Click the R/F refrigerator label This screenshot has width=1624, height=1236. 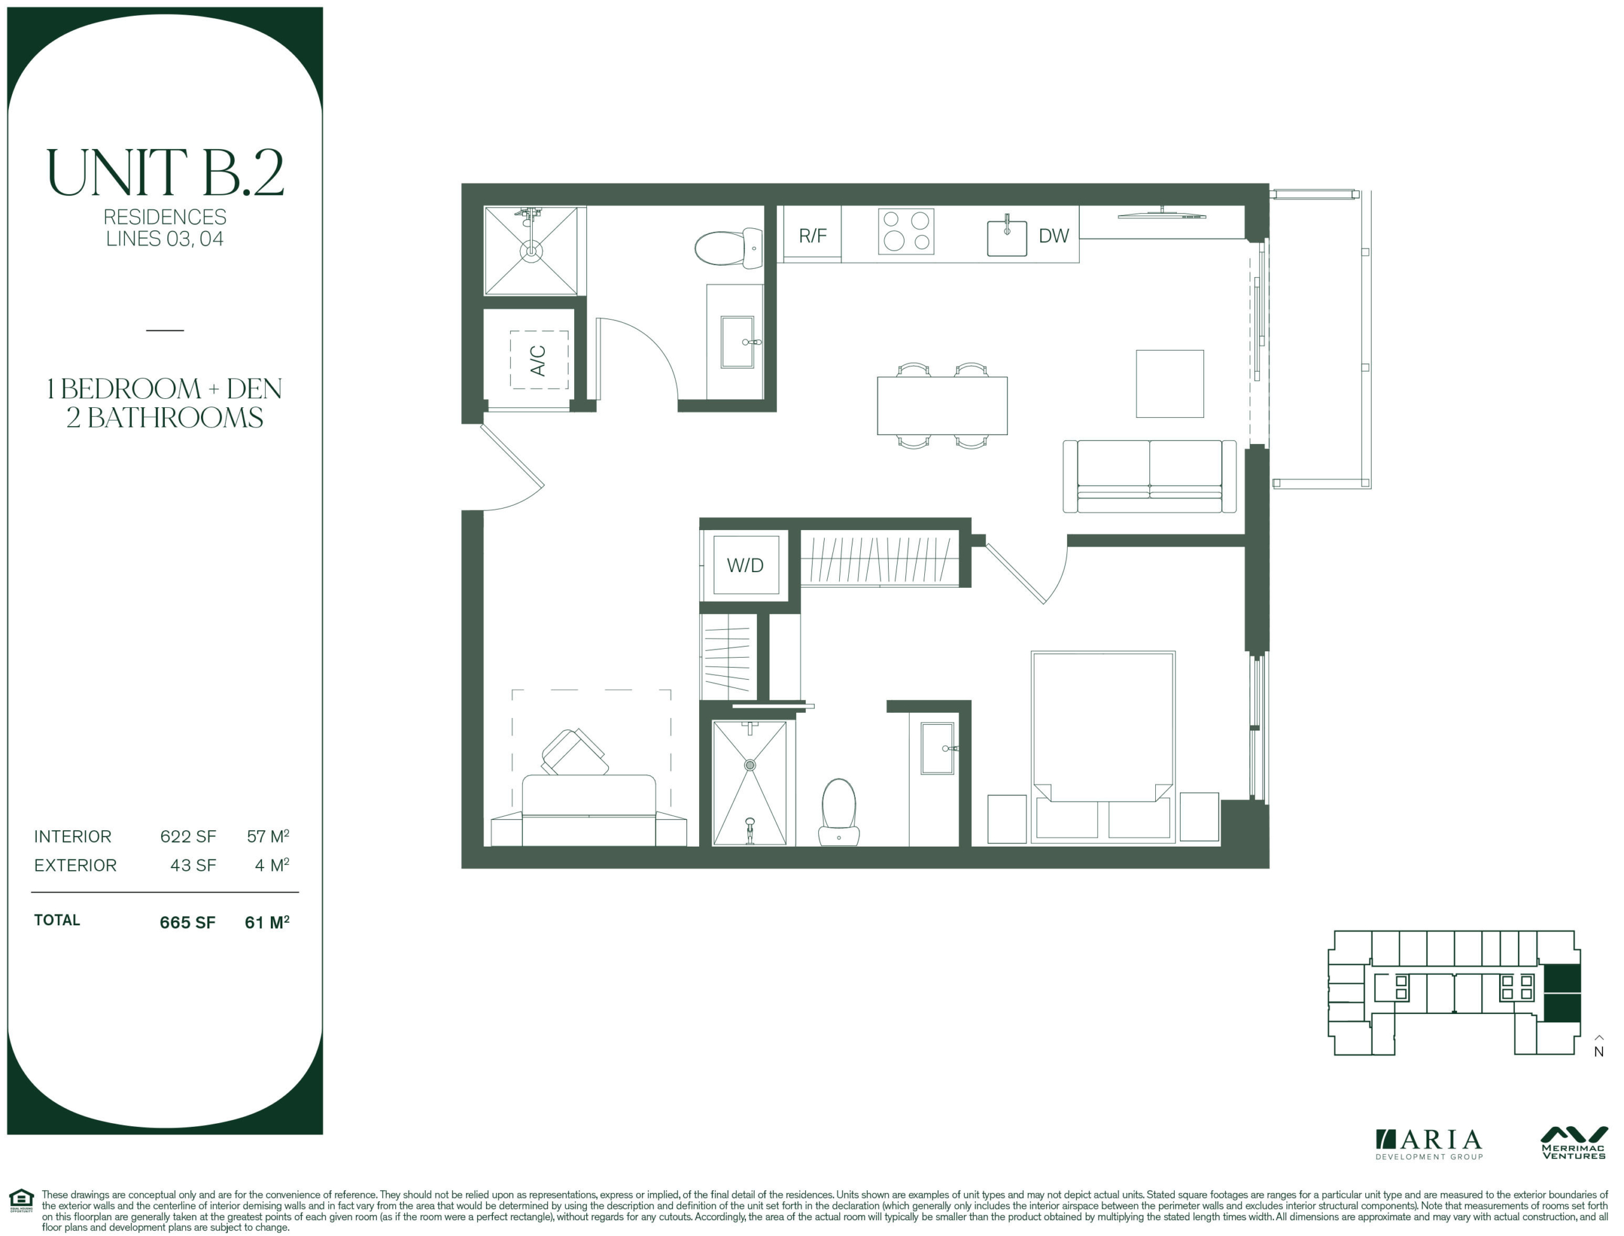(x=813, y=235)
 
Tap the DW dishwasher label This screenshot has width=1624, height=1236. (x=1053, y=235)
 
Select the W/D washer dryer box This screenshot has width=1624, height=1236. (x=745, y=564)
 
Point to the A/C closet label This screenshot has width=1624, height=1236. (x=538, y=360)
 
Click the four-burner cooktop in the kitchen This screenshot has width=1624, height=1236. (x=906, y=231)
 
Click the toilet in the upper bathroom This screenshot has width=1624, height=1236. (x=728, y=247)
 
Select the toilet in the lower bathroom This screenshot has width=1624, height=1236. (x=839, y=812)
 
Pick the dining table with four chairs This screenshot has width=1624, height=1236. (x=942, y=405)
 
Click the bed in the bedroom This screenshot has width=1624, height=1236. (x=1103, y=746)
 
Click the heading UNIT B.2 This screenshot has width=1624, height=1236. (x=165, y=172)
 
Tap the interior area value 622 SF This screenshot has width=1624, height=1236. (x=188, y=836)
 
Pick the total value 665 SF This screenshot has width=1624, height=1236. (x=188, y=923)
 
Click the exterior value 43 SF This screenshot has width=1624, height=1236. (x=193, y=865)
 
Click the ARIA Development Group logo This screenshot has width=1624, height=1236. (x=1428, y=1145)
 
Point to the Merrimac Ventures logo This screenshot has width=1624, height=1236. (x=1573, y=1143)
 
